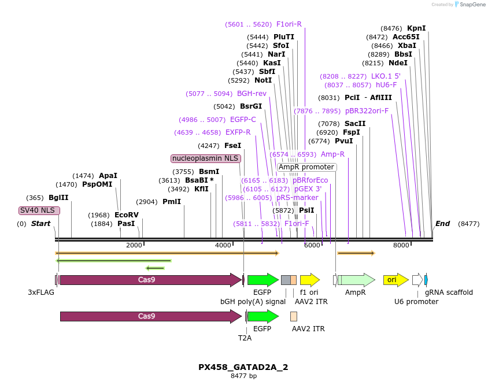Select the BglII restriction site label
point(58,197)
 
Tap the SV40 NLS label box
point(39,210)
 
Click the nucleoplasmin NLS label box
point(205,158)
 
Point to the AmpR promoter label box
point(306,167)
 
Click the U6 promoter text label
point(416,301)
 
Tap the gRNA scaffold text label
point(449,293)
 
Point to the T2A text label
point(245,338)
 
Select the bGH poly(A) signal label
point(253,301)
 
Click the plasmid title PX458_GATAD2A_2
point(243,367)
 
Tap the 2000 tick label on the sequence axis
point(134,245)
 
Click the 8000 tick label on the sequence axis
point(401,245)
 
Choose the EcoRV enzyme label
point(126,215)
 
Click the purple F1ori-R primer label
point(289,24)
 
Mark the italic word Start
point(40,224)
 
